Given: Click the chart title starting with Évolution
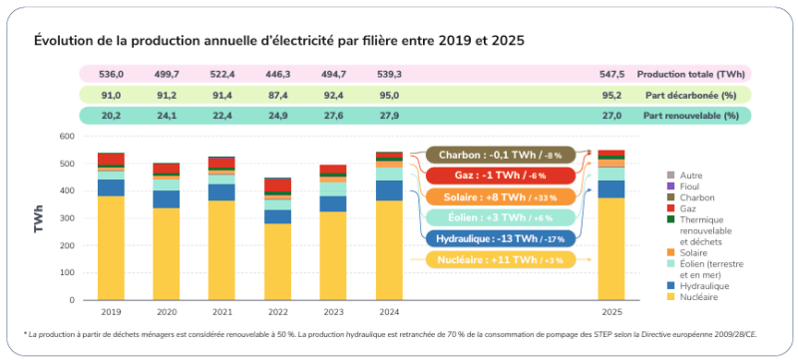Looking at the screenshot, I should [x=278, y=41].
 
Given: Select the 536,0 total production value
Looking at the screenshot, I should [x=111, y=75].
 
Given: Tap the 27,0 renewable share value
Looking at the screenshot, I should [x=611, y=116].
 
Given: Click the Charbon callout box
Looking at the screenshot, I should [x=487, y=155].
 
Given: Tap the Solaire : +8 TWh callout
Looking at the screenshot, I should [x=487, y=196].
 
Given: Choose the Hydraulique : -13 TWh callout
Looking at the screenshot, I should [x=487, y=239].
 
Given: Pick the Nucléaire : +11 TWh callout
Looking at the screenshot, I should [x=487, y=260].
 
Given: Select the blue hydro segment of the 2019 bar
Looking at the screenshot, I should [x=111, y=187].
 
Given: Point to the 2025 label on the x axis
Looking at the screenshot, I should [x=611, y=310].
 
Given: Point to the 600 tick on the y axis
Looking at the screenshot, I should [x=67, y=137].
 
